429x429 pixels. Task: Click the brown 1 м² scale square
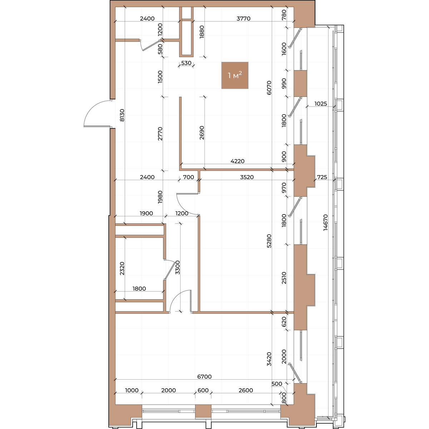pyautogui.click(x=235, y=75)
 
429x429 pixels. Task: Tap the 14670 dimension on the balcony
pyautogui.click(x=325, y=222)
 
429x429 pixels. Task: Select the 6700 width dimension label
pyautogui.click(x=204, y=376)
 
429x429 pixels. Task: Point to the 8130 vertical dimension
pyautogui.click(x=122, y=115)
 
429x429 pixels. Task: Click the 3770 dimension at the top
pyautogui.click(x=243, y=19)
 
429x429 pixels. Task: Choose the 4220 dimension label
pyautogui.click(x=237, y=161)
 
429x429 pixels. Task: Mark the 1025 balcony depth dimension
pyautogui.click(x=321, y=104)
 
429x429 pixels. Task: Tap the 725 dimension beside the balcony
pyautogui.click(x=322, y=177)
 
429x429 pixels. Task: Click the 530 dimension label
pyautogui.click(x=186, y=63)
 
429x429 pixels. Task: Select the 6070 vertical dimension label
pyautogui.click(x=269, y=88)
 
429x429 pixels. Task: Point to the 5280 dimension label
pyautogui.click(x=269, y=241)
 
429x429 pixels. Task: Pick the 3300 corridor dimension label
pyautogui.click(x=177, y=267)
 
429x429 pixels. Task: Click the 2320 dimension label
pyautogui.click(x=122, y=268)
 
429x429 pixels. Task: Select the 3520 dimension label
pyautogui.click(x=247, y=177)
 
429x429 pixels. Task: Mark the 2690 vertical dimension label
pyautogui.click(x=202, y=133)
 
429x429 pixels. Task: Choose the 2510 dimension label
pyautogui.click(x=284, y=278)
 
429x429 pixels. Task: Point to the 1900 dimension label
pyautogui.click(x=146, y=213)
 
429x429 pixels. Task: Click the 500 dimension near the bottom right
pyautogui.click(x=277, y=384)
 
